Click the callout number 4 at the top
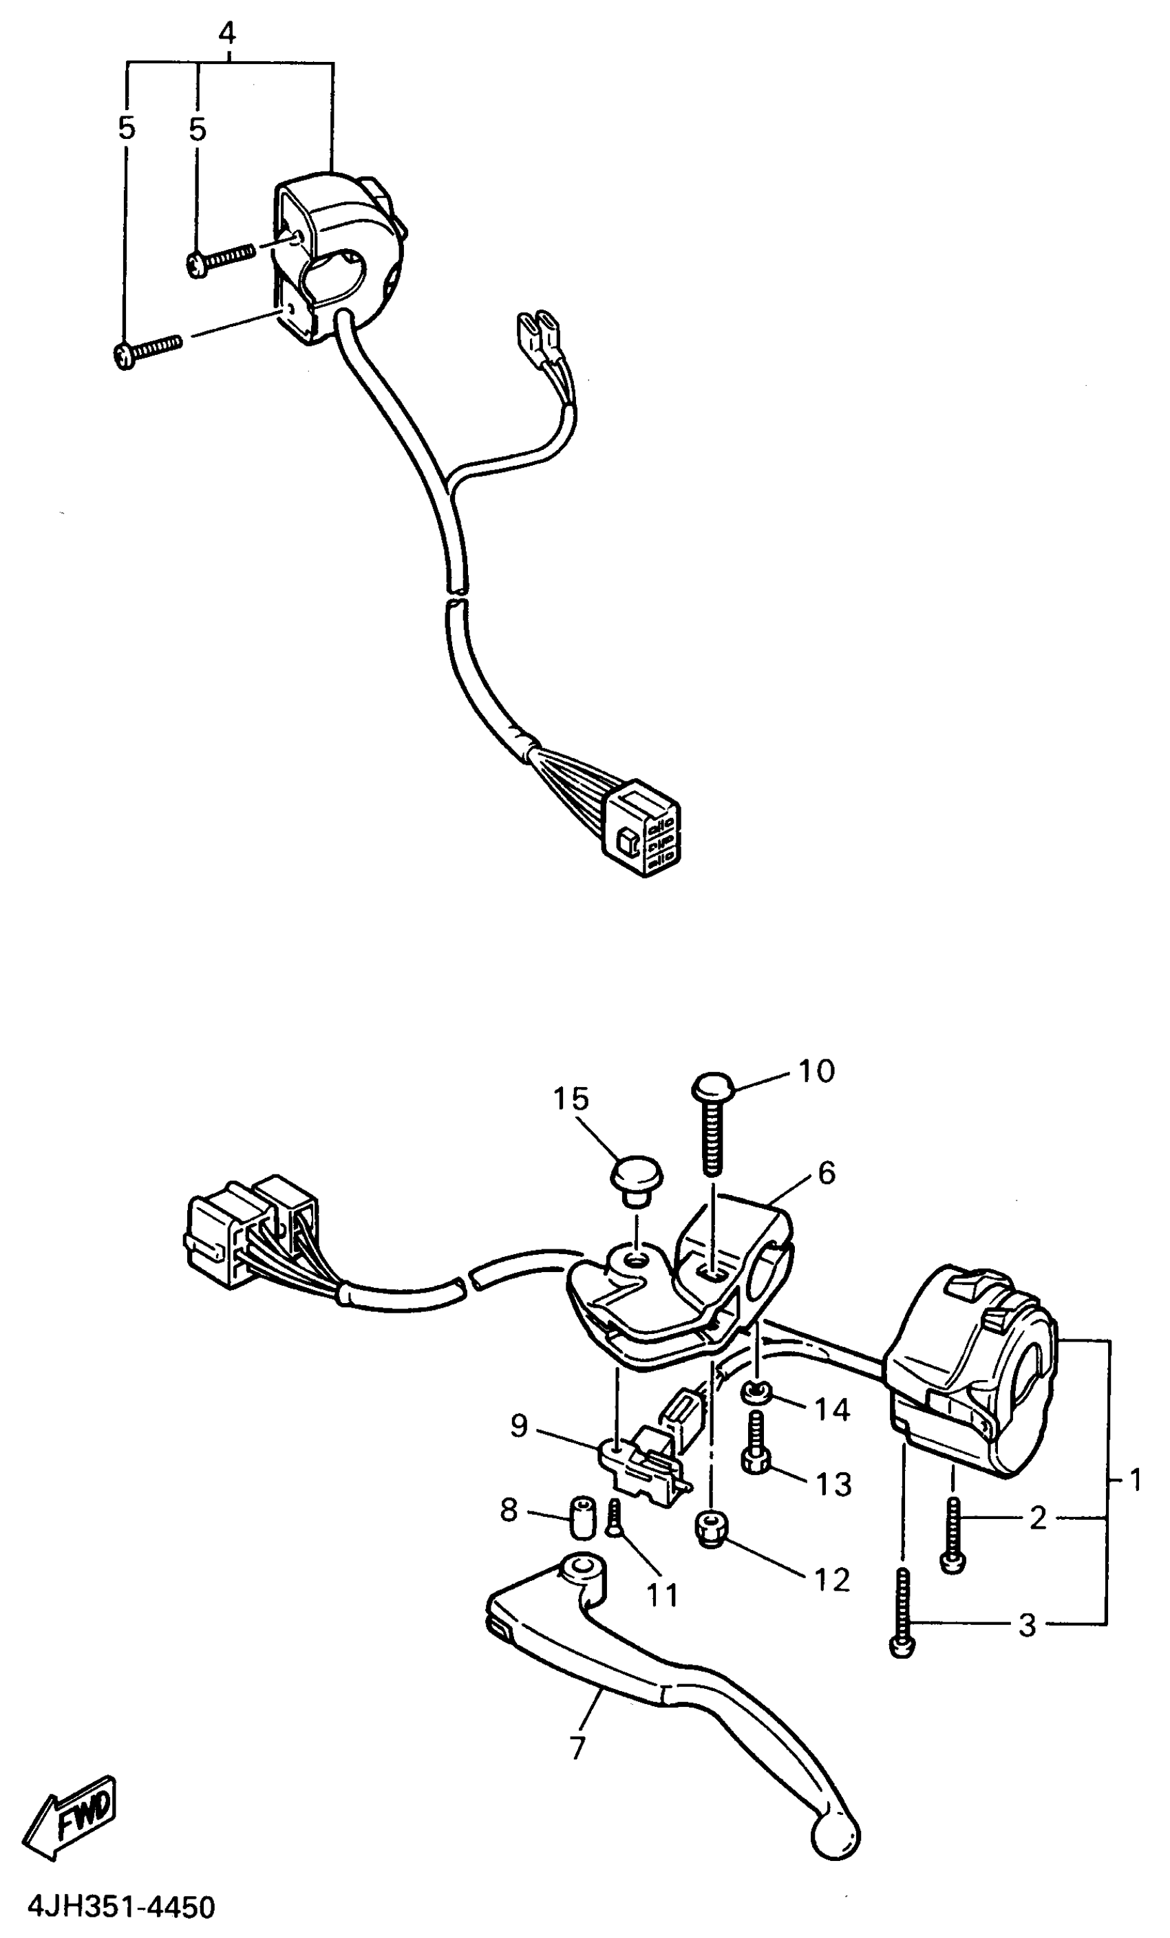click(x=226, y=33)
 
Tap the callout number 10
click(x=816, y=1071)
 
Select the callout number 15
click(x=571, y=1099)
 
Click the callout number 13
click(x=833, y=1484)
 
